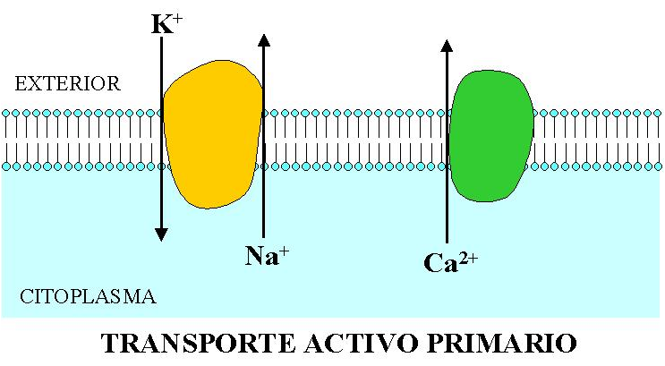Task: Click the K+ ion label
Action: click(x=167, y=23)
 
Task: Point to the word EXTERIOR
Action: click(x=67, y=84)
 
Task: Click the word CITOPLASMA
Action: click(x=87, y=295)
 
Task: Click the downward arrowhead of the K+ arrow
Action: click(x=161, y=234)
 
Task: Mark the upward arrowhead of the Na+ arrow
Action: click(x=263, y=40)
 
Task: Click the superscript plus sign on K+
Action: click(x=178, y=17)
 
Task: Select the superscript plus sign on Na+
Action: click(x=286, y=250)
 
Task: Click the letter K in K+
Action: click(x=161, y=25)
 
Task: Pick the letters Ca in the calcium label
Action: click(x=439, y=264)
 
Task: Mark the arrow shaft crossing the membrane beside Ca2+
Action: click(x=447, y=139)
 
